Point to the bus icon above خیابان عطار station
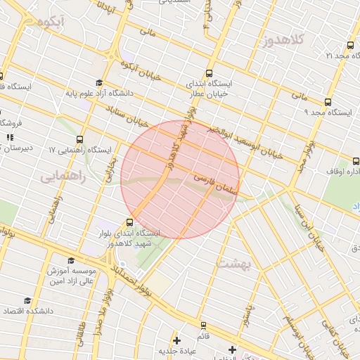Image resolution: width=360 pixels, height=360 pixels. click(x=209, y=72)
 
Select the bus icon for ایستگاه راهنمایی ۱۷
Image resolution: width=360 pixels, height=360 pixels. click(x=79, y=139)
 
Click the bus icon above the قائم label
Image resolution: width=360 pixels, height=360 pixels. click(x=203, y=326)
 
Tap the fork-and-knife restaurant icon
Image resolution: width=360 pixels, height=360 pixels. click(x=10, y=138)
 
